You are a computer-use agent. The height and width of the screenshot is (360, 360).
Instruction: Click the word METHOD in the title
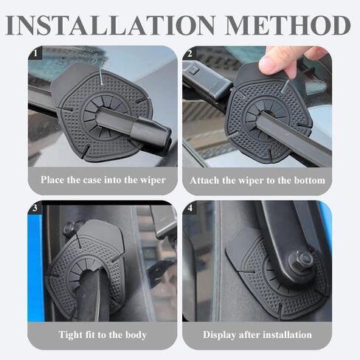(288, 24)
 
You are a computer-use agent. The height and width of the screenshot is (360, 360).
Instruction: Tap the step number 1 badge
(34, 53)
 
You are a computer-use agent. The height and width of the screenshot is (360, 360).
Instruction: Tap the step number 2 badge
(190, 53)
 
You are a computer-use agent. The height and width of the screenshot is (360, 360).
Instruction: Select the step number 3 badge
(34, 208)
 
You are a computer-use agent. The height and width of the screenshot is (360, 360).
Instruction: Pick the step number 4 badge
(190, 208)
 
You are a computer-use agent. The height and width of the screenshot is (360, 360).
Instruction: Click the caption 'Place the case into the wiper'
(103, 179)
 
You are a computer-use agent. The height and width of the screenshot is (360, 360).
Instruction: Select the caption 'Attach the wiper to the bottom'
(257, 179)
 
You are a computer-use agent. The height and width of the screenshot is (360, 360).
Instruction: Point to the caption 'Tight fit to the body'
(103, 334)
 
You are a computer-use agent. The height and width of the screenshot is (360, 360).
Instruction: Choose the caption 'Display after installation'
(257, 334)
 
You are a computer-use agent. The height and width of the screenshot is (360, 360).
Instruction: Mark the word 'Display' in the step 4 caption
(220, 334)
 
